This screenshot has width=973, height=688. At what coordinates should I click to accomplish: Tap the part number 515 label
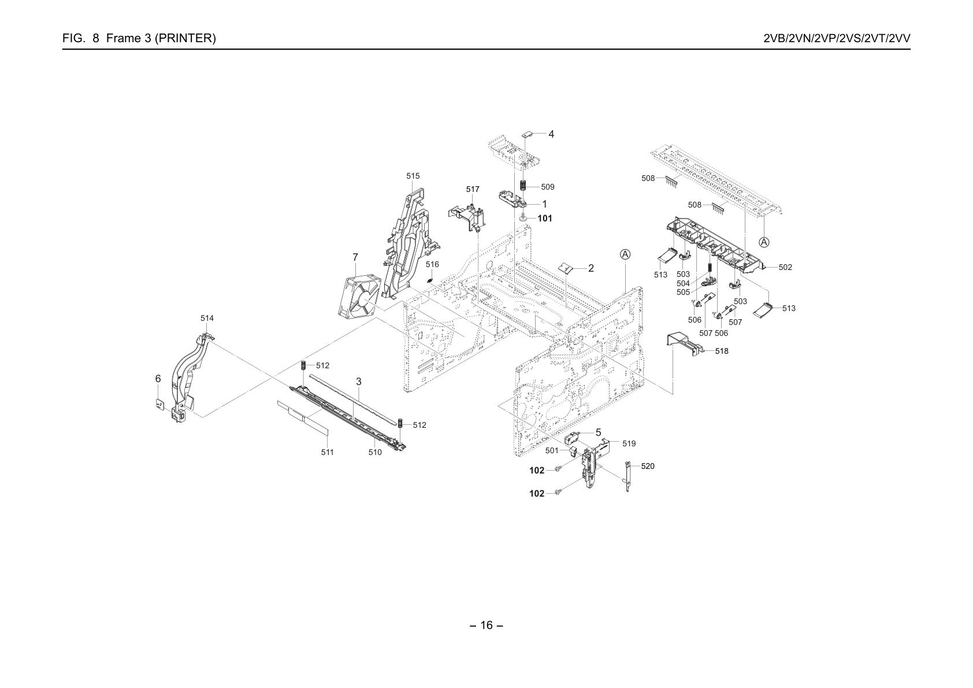(x=413, y=176)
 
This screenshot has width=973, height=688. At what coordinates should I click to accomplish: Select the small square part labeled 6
(x=160, y=404)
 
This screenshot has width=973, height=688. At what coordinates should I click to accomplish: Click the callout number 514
(x=207, y=318)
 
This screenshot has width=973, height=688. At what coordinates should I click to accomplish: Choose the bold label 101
(x=545, y=219)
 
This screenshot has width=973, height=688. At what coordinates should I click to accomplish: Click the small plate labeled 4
(x=527, y=134)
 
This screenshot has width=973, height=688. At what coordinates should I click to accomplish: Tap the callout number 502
(x=785, y=267)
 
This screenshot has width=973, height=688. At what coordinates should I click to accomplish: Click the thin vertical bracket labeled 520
(x=627, y=476)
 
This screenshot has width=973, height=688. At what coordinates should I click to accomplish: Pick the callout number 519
(x=629, y=444)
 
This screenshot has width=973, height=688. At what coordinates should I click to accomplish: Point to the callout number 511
(x=328, y=453)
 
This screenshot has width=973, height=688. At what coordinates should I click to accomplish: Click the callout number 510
(x=376, y=453)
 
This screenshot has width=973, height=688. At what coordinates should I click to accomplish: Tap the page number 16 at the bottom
(x=486, y=626)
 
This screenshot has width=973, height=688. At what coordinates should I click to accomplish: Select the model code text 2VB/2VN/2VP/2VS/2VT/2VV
(x=837, y=38)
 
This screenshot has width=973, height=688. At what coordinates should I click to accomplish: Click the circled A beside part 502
(x=764, y=242)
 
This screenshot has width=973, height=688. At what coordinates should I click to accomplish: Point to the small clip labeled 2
(x=566, y=268)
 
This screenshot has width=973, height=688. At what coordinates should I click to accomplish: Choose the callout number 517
(x=473, y=190)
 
